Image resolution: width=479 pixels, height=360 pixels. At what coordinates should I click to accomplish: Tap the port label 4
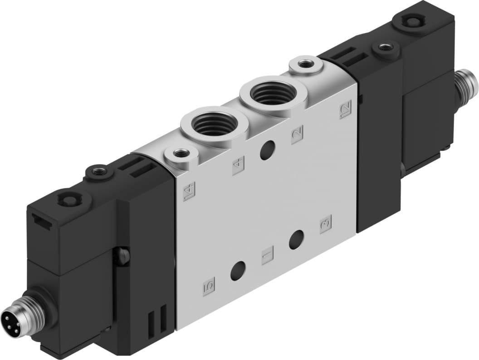pos(238,165)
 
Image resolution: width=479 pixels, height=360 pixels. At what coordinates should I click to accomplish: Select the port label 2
pos(298,134)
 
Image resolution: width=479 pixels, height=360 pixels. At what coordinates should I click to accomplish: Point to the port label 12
pos(346,109)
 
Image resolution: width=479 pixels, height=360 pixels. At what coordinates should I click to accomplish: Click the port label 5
pos(209,287)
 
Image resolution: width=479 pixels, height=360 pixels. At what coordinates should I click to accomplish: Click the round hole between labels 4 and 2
pos(268,150)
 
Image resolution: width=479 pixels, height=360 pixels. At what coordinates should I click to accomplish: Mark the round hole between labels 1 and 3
pos(296,239)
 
